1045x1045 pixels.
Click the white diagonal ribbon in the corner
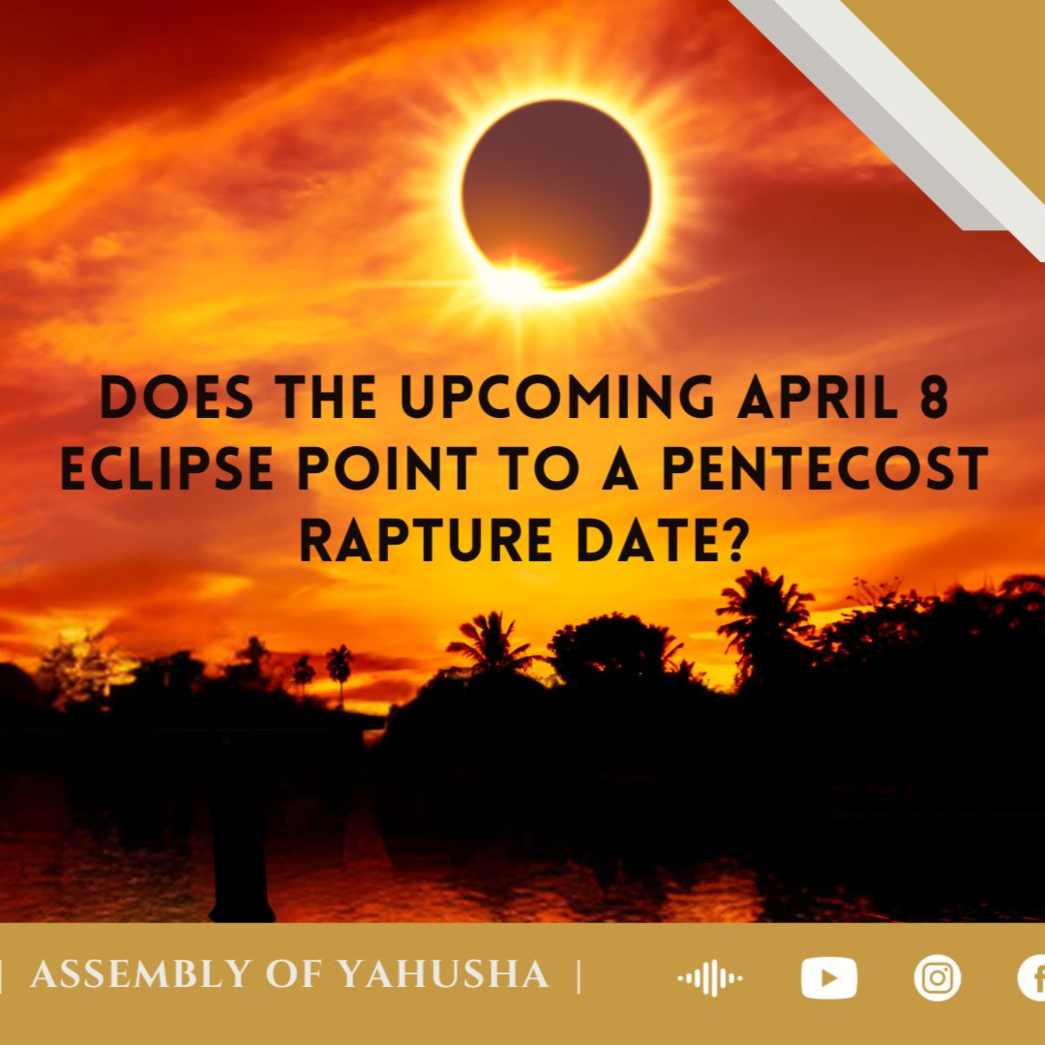[x=887, y=114]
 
